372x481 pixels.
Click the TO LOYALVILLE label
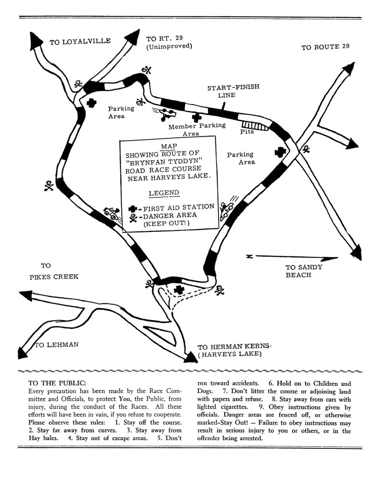[x=80, y=42]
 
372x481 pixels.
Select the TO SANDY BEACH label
[x=304, y=271]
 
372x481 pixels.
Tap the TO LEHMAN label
[x=56, y=345]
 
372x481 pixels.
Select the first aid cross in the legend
[x=133, y=209]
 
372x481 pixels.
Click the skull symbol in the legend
[x=133, y=216]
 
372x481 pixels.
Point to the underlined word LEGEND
[x=163, y=193]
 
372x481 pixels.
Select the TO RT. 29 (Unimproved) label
[x=169, y=43]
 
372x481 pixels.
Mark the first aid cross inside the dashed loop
[x=180, y=290]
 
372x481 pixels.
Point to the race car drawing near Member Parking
[x=167, y=113]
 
